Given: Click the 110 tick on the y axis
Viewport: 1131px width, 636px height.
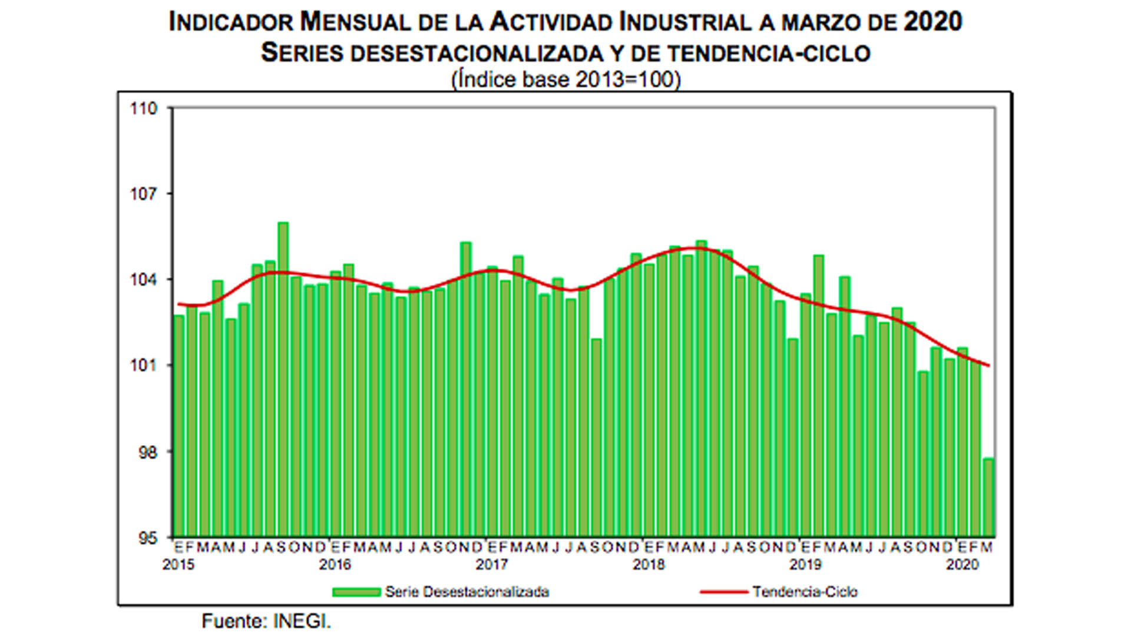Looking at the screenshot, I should point(144,109).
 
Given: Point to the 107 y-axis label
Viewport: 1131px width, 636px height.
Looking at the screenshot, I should point(144,194).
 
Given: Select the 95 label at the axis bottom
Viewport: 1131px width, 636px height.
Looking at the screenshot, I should point(147,538).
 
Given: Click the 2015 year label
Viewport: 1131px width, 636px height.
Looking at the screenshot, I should point(178,565).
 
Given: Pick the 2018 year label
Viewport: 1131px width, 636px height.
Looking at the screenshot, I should point(648,565).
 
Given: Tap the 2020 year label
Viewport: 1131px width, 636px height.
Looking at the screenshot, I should point(962,565).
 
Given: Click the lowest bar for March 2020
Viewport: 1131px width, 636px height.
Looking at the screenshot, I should point(988,498).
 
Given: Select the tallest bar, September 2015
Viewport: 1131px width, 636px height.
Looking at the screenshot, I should point(283,377).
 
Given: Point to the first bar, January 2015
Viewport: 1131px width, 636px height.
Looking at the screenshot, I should point(178,424).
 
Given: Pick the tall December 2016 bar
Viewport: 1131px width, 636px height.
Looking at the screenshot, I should point(465,389).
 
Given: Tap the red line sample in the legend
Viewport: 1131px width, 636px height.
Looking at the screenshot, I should point(723,592).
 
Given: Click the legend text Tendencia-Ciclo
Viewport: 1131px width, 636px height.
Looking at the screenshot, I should point(805,592).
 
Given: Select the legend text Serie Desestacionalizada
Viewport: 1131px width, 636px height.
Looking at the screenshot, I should point(467,592).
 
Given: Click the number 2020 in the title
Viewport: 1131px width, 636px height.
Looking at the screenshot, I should point(932,22).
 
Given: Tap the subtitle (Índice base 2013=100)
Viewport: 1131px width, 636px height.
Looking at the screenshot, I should point(565,79).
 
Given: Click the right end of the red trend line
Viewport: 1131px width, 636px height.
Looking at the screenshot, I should point(988,366).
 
